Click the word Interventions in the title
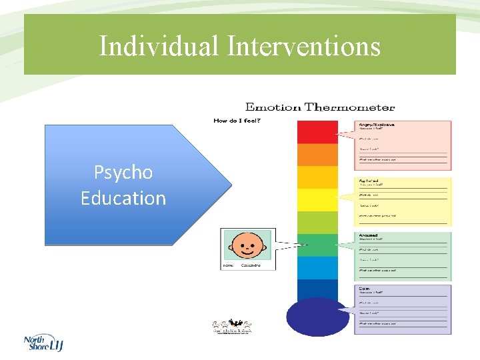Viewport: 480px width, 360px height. point(303,47)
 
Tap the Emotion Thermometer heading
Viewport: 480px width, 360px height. point(320,107)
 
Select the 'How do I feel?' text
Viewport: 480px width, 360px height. point(236,121)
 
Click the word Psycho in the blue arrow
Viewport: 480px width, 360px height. point(123,173)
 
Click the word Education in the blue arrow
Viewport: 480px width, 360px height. point(123,198)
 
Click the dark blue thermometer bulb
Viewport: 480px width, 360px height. point(317,316)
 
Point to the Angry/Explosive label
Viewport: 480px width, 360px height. point(377,125)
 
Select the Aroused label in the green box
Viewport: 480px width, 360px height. point(369,235)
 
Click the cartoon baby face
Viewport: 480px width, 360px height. point(247,245)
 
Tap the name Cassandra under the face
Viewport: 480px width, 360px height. point(250,265)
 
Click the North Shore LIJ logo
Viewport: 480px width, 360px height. point(43,343)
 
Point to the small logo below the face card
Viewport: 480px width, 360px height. point(233,327)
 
